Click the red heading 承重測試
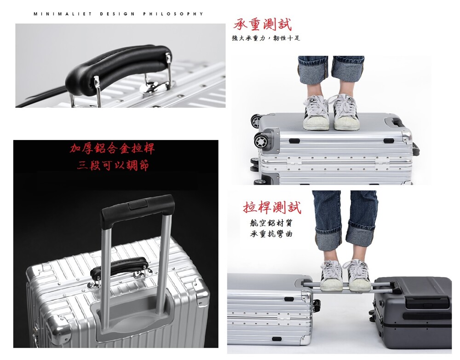(263, 24)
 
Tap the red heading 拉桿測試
(272, 207)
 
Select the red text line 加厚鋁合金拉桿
(112, 149)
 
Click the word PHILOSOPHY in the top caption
(173, 14)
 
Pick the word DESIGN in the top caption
(117, 14)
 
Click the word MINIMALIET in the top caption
(63, 14)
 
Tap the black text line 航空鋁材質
(271, 223)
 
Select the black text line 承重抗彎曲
(271, 234)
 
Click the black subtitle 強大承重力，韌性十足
(266, 38)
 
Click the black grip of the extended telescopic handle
(137, 209)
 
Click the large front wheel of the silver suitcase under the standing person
(261, 141)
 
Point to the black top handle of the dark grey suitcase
(428, 302)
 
